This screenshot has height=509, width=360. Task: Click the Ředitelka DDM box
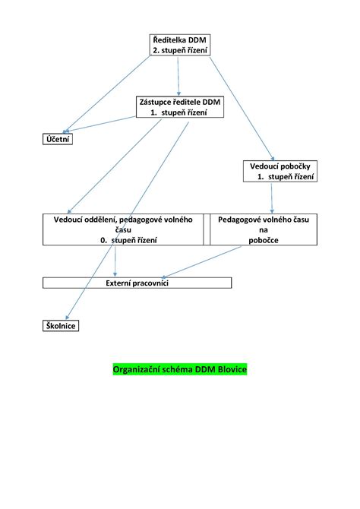coord(179,45)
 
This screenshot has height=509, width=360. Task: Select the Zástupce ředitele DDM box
coord(180,107)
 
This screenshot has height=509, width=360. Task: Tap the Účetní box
coord(58,139)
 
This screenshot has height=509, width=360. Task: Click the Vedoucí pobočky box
coord(280,171)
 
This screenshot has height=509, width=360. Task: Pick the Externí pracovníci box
coord(137,283)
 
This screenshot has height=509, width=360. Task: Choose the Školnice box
coord(61,326)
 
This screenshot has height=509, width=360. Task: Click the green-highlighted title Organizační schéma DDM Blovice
coord(180,369)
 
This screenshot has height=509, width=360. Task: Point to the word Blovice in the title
coord(232,369)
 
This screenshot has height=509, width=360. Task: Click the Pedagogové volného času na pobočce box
coord(264,229)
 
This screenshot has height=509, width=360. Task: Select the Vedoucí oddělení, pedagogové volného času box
coord(123,229)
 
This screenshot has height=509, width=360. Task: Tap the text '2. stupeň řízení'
coord(180,50)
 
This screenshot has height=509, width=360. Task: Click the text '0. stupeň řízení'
coord(128,240)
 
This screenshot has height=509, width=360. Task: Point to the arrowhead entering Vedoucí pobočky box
coord(272,158)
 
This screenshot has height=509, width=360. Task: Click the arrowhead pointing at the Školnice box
coord(67,317)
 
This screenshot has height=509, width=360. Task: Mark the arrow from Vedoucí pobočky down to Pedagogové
coord(272,198)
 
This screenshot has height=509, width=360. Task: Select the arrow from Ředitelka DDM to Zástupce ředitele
coord(178,77)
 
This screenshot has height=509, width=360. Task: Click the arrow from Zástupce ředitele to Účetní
coord(99,125)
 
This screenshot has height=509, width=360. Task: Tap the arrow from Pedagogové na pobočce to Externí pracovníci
coord(201,262)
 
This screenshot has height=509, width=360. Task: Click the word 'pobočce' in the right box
coord(264,240)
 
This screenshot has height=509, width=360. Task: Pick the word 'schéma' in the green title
coord(178,369)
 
